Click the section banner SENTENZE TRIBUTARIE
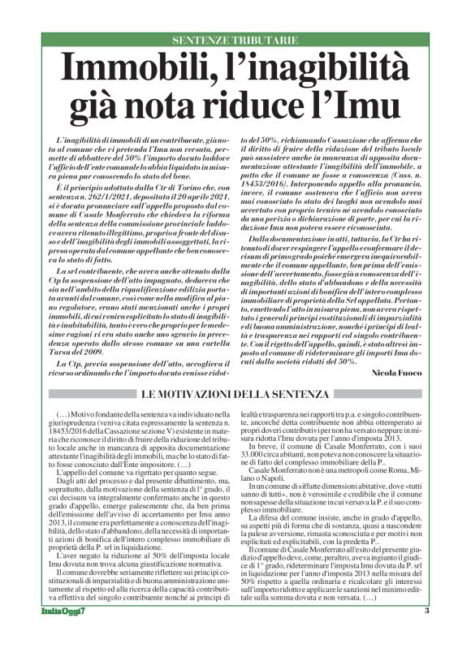click(x=235, y=40)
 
